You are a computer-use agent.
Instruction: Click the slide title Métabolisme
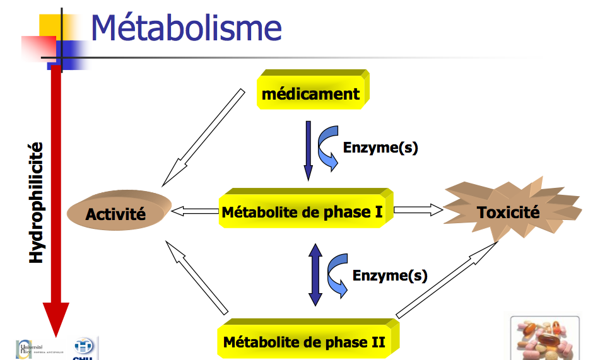(x=186, y=28)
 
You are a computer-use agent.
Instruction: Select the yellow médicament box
(x=312, y=95)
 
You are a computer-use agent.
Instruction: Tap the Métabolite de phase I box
(x=303, y=212)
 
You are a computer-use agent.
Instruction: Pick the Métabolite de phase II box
(x=305, y=343)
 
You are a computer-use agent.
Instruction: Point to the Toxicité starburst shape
(x=508, y=212)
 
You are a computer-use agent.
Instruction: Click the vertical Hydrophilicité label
(x=37, y=202)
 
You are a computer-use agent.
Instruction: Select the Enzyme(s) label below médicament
(x=380, y=148)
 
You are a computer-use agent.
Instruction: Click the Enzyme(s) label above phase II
(x=390, y=276)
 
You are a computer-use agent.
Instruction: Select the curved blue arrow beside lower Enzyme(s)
(x=338, y=274)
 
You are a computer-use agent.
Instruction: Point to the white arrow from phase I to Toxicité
(x=418, y=210)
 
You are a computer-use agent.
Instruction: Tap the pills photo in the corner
(x=544, y=338)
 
